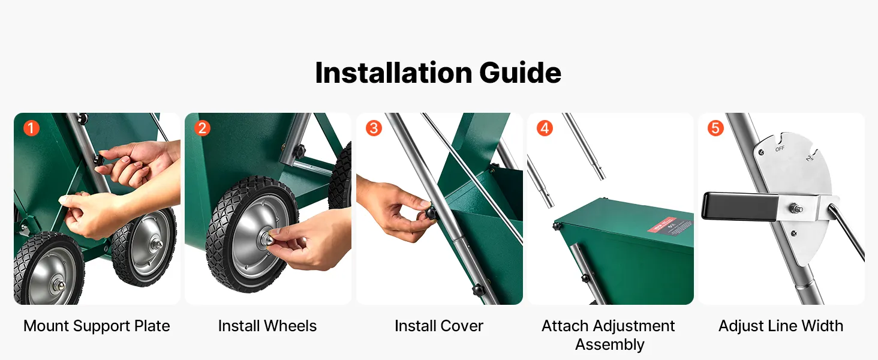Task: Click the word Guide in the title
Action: tap(520, 73)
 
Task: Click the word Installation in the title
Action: tap(393, 73)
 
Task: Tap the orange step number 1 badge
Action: tap(31, 128)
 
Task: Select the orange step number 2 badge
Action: tap(202, 128)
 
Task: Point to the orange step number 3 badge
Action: tap(374, 128)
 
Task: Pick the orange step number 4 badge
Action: tap(545, 128)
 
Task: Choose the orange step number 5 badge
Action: tap(715, 128)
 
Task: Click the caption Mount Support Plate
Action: tap(97, 326)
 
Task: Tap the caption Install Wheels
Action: tap(267, 326)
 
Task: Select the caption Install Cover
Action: tap(439, 326)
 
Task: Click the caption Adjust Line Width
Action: tap(781, 326)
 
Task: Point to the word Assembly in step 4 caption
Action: tap(610, 345)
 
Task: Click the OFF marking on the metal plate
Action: tap(780, 149)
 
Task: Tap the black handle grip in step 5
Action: tap(739, 206)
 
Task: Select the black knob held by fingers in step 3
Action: tap(431, 214)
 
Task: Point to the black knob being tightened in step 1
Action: tap(98, 160)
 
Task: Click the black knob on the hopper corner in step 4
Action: tap(556, 226)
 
